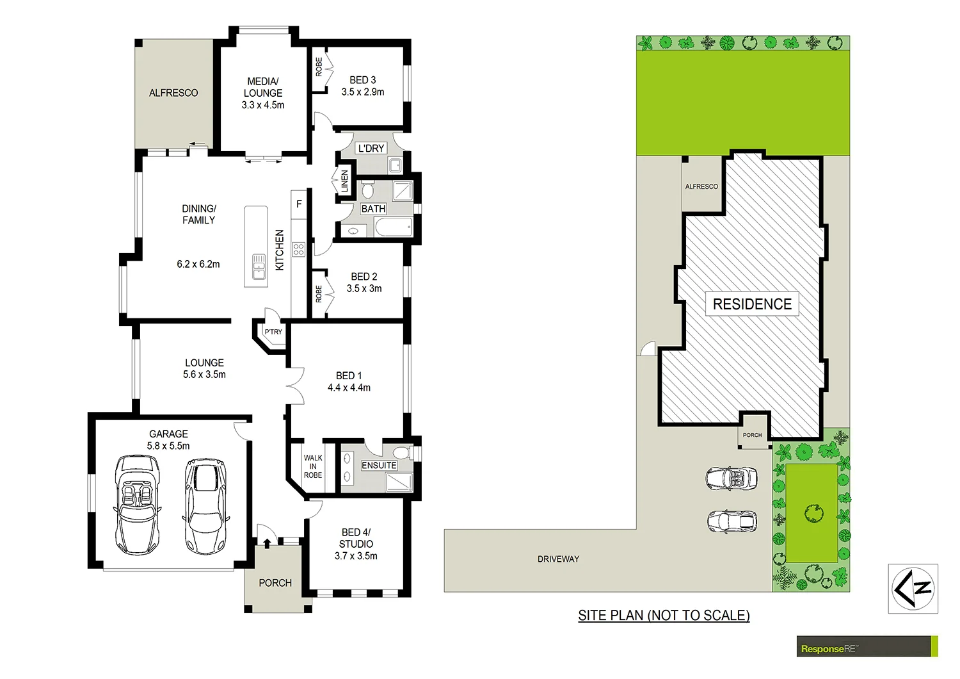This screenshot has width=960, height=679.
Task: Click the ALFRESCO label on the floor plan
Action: coord(173,93)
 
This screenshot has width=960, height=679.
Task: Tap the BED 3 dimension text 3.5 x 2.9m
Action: coord(363,92)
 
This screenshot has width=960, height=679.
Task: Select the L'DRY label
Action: coord(371,148)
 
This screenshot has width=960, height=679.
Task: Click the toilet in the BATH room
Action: coord(368,190)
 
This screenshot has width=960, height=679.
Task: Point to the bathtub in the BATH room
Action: coord(393,227)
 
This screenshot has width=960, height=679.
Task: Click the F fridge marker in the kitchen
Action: coord(299,204)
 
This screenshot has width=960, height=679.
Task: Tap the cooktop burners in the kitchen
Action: coord(299,249)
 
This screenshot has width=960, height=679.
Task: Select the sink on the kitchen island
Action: coord(259,266)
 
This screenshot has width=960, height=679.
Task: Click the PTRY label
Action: coord(273,332)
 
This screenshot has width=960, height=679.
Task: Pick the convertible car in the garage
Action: coord(136,505)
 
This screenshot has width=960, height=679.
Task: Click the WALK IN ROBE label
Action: coord(313,466)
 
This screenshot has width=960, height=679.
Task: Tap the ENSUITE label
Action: coord(379,466)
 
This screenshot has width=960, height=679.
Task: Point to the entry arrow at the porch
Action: coord(267,544)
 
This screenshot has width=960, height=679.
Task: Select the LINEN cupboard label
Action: coord(344,181)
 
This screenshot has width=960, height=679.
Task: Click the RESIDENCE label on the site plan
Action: coord(752,304)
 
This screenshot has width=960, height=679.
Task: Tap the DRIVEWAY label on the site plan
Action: coord(558,559)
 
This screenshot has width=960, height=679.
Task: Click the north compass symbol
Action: coord(913,588)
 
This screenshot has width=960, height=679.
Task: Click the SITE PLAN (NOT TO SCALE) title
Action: coord(664,616)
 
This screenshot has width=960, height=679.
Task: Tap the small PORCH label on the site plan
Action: coord(753,435)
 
